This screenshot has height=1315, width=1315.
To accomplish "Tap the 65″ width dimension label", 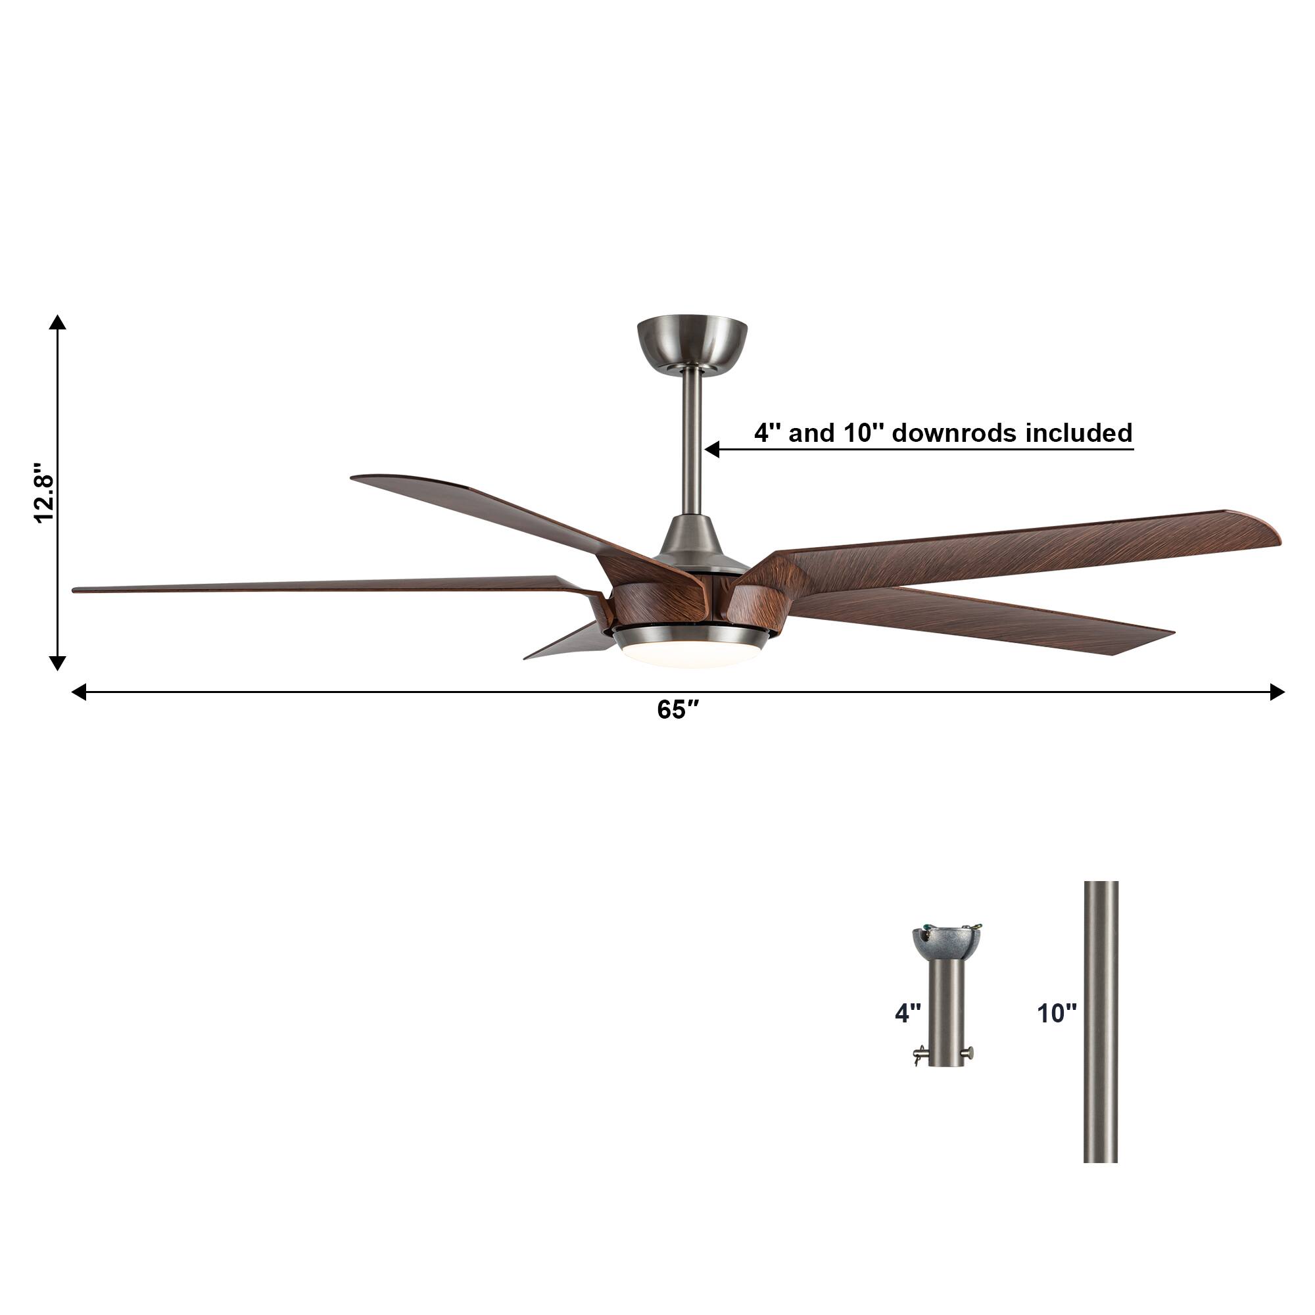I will [x=678, y=710].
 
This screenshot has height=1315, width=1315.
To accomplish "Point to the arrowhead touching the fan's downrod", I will [x=712, y=449].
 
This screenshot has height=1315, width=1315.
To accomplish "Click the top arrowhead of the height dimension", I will [x=58, y=323].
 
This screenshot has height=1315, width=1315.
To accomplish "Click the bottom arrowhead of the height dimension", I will [x=58, y=662].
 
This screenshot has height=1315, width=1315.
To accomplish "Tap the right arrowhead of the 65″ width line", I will [x=1277, y=692].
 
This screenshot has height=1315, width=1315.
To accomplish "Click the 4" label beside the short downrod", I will [x=907, y=1013].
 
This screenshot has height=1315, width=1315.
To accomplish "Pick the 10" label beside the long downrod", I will [x=1057, y=1013].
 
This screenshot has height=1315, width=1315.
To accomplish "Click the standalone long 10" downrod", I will [x=1101, y=1021].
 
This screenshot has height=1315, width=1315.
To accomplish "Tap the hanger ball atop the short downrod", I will [x=947, y=940].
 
